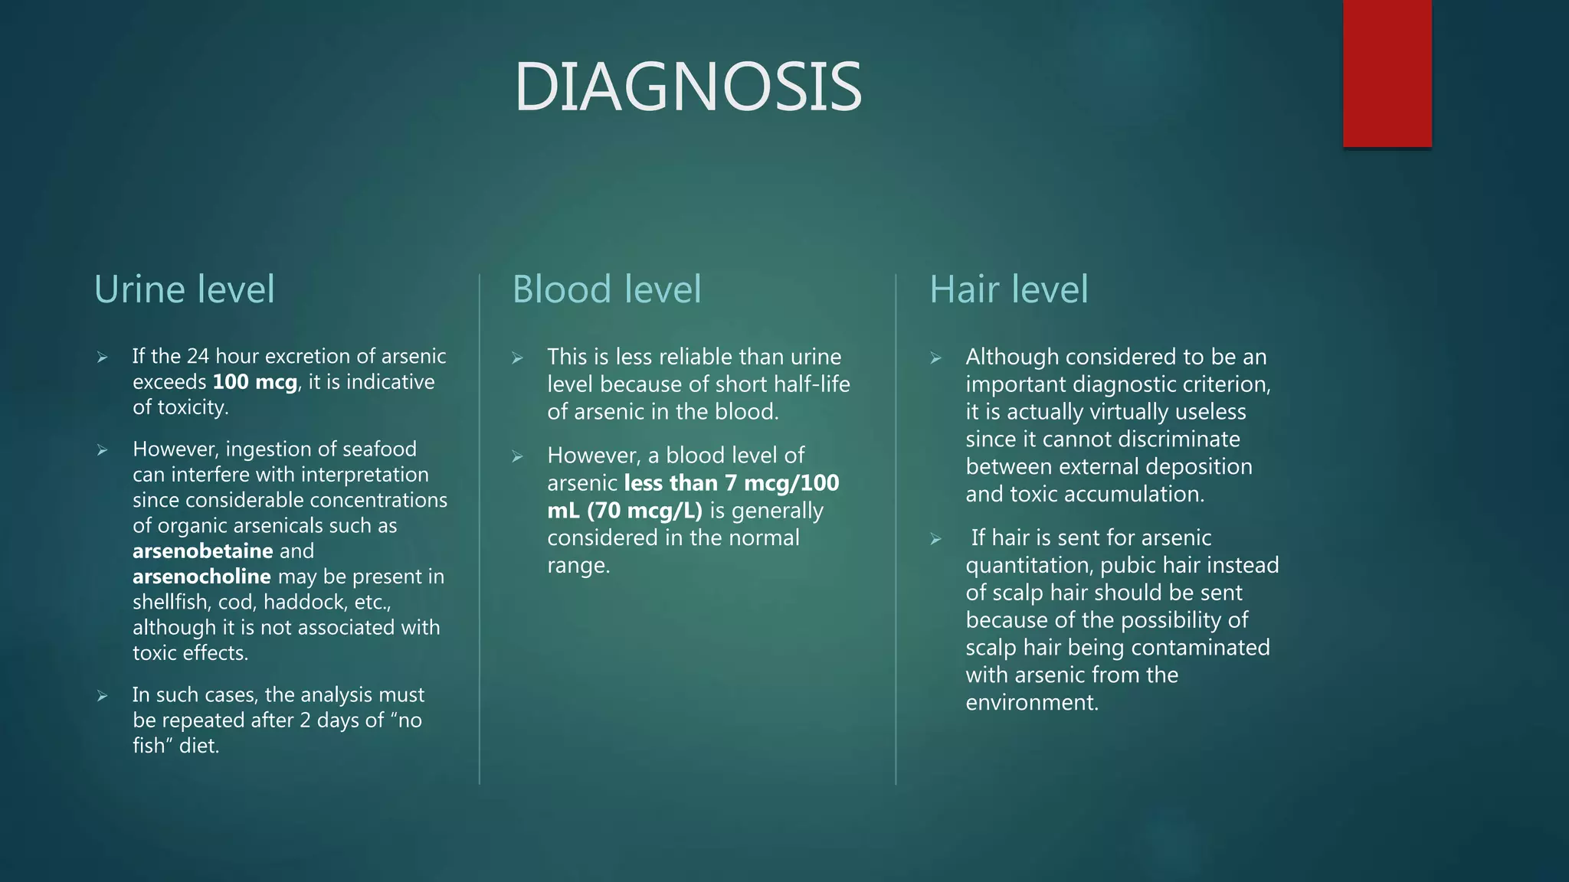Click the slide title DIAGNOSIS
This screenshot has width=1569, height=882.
pyautogui.click(x=688, y=87)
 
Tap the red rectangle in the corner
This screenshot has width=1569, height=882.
pyautogui.click(x=1387, y=73)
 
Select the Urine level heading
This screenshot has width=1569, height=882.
pyautogui.click(x=184, y=289)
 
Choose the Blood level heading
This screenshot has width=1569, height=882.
pyautogui.click(x=606, y=289)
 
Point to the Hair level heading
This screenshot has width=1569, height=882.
pyautogui.click(x=1008, y=289)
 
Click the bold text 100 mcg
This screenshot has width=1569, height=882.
pyautogui.click(x=254, y=382)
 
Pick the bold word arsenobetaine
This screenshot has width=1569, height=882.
pyautogui.click(x=202, y=551)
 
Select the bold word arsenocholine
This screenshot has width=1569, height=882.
pyautogui.click(x=201, y=577)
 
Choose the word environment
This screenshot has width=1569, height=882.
pyautogui.click(x=1031, y=703)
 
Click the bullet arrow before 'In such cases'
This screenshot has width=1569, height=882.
pyautogui.click(x=102, y=696)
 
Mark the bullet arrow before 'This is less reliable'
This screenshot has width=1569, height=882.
pyautogui.click(x=517, y=358)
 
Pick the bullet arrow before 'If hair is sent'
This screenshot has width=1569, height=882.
pyautogui.click(x=935, y=539)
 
